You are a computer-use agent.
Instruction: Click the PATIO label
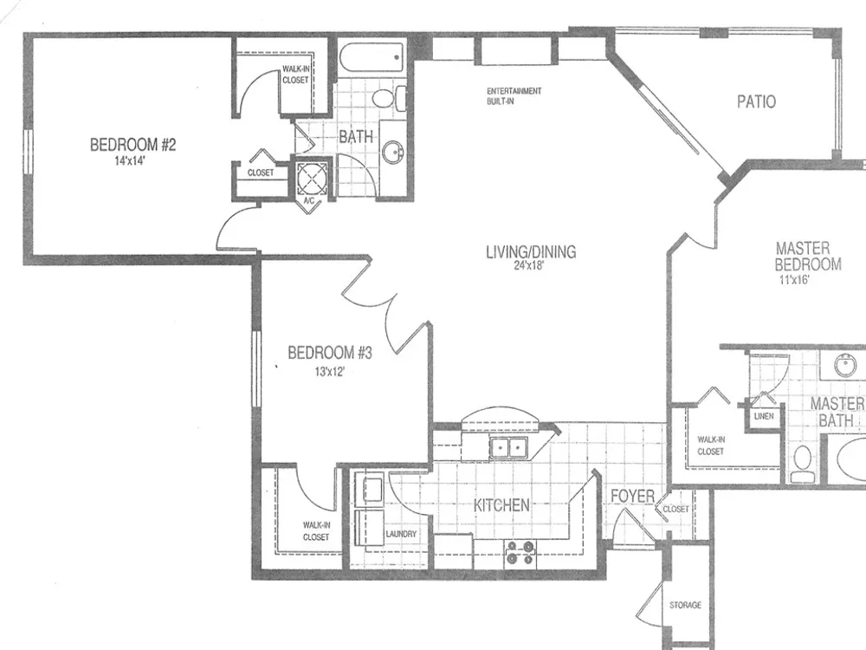756,101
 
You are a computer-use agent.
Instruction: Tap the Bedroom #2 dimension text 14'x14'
130,161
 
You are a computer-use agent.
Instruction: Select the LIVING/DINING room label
531,252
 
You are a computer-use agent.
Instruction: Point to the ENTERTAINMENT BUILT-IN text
514,96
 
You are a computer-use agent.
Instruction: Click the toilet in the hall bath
389,99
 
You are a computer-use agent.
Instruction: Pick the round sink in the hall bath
394,150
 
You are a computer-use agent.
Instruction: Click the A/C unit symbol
312,178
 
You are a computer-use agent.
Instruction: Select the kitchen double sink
508,447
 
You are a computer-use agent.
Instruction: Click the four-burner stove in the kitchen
520,553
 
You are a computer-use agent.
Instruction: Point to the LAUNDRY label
401,534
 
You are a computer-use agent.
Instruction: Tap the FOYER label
632,497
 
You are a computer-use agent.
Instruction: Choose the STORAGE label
685,605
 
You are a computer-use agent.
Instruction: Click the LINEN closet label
764,416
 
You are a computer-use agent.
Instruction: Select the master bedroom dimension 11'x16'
794,280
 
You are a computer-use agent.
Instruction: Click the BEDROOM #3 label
330,353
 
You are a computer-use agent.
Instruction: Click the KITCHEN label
501,505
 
